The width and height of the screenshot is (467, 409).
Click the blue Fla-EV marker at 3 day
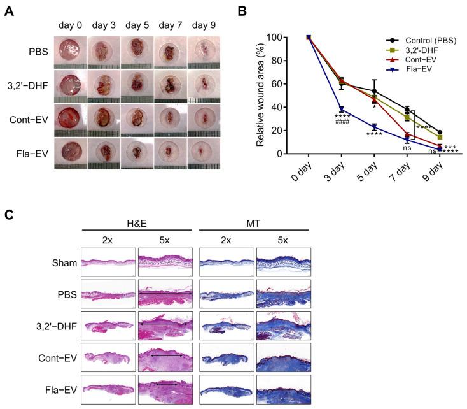coord(342,109)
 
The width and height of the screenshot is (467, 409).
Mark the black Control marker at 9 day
coord(440,133)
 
